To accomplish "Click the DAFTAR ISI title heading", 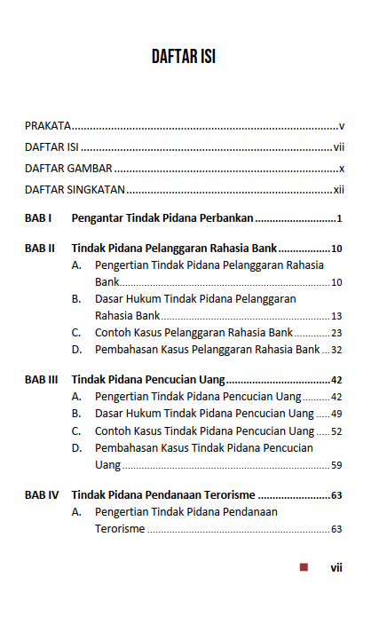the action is (184, 58).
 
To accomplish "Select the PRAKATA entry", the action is (48, 126).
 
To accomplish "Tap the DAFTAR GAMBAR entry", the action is (68, 169).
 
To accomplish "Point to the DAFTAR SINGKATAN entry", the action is (75, 190).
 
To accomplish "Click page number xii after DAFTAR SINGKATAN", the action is (338, 190).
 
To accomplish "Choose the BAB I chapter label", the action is (38, 218).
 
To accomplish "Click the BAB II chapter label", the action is (40, 249).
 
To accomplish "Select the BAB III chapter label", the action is (42, 380).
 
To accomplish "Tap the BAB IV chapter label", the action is (42, 495).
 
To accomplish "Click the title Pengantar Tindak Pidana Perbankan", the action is (162, 218).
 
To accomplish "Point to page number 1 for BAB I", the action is (340, 218).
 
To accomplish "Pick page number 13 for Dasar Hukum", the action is (336, 316).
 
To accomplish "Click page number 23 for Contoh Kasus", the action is (336, 333).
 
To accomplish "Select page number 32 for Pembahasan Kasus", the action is (336, 350).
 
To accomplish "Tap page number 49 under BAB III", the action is (336, 414).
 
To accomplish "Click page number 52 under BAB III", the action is (336, 431).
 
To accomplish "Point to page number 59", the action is (336, 465).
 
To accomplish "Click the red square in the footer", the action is (304, 567).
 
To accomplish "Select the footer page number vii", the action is (336, 567).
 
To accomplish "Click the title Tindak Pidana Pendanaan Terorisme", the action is (163, 495).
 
